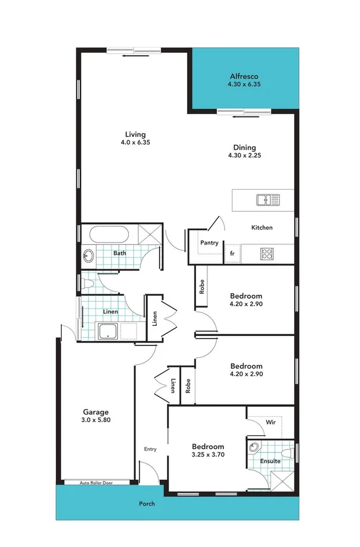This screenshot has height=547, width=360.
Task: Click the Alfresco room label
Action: (244, 77)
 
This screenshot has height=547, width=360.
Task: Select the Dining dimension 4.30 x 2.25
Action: (244, 156)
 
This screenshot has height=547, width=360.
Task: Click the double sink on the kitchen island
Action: (268, 200)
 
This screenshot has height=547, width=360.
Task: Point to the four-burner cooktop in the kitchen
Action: (267, 254)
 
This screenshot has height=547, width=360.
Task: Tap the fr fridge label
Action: (231, 254)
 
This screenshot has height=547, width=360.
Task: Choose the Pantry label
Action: (209, 243)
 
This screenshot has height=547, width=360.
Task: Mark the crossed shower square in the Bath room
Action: (150, 234)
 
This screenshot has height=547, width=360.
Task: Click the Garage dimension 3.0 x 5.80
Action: (96, 420)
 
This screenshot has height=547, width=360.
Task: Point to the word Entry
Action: (150, 449)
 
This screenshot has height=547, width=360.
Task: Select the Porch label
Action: (147, 504)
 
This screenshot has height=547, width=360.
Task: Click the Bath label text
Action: (120, 253)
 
